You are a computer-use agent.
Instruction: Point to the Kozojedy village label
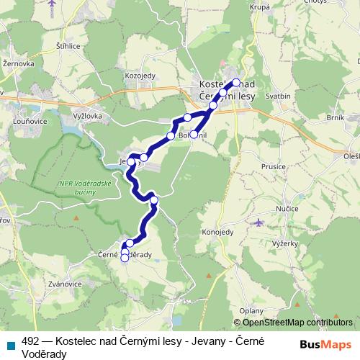tap(140, 75)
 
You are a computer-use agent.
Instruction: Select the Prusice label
tap(274, 166)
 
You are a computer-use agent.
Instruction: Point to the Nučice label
tap(288, 207)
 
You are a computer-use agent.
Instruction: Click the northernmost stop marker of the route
tap(236, 82)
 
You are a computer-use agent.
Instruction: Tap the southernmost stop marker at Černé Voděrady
tap(125, 258)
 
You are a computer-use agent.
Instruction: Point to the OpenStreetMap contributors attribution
tap(293, 322)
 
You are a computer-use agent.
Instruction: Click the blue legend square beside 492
tap(9, 344)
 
